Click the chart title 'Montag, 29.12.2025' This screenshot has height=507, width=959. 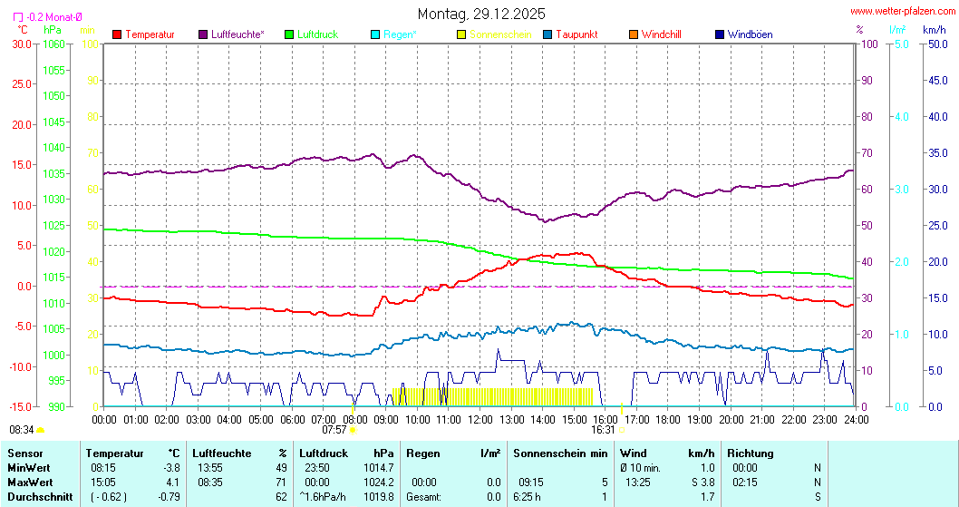pos(481,14)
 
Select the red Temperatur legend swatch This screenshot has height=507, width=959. pos(117,34)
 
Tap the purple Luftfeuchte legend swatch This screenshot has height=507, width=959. pos(203,34)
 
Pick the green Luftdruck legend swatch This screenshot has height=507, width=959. pos(290,34)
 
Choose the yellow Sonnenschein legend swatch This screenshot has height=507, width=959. pos(461,34)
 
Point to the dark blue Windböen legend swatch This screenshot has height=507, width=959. pos(719,34)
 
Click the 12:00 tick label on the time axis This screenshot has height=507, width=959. pos(480,419)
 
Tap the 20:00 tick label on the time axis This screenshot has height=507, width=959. pos(731,419)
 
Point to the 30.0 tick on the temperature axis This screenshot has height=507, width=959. pos(22,44)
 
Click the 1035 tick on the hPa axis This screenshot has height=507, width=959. pos(54,173)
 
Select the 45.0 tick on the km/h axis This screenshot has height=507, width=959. pos(935,80)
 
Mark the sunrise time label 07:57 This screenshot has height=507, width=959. pos(334,430)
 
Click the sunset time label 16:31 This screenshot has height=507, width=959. pos(604,430)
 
